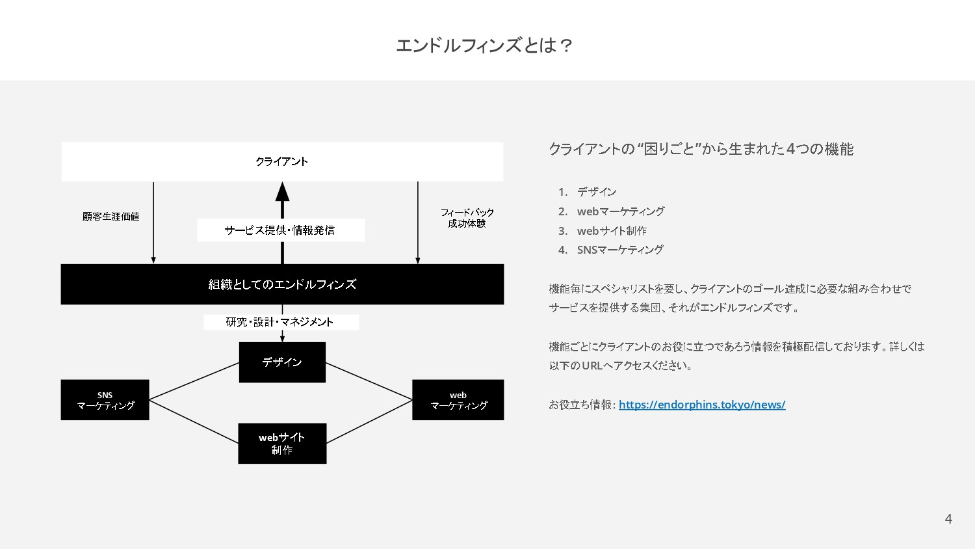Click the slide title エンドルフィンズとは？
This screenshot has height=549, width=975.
(484, 46)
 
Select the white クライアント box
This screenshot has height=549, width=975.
(282, 161)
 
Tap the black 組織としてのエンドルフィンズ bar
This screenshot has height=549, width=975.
(282, 284)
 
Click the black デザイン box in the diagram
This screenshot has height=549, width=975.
(282, 362)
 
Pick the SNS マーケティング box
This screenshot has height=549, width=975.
(105, 400)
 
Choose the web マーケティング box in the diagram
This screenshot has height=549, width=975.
(458, 400)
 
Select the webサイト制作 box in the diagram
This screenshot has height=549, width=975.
(282, 444)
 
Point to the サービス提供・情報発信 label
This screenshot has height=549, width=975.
(280, 230)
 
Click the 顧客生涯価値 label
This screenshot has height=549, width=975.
(111, 217)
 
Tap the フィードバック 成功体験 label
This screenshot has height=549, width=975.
(467, 218)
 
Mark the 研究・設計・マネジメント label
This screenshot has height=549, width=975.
(280, 322)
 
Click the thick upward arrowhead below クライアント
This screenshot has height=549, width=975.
(282, 192)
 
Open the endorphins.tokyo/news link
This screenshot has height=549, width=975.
(702, 405)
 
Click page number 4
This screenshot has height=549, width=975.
(948, 519)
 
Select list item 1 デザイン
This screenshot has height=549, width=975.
(596, 192)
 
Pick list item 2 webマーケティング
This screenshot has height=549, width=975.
(620, 211)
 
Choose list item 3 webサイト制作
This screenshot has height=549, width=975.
(611, 231)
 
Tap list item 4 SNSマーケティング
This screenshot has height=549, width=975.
(619, 250)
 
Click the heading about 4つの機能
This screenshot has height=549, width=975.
(701, 149)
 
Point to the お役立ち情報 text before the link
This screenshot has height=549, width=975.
(581, 405)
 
